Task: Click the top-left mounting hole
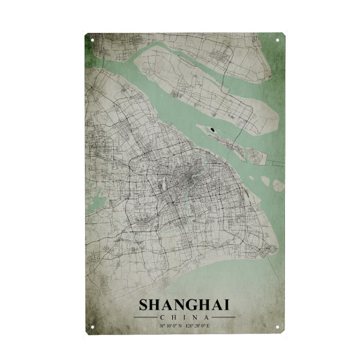pyautogui.click(x=92, y=40)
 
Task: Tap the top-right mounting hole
pyautogui.click(x=277, y=40)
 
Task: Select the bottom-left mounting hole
pyautogui.click(x=92, y=327)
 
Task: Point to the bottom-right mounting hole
pyautogui.click(x=277, y=327)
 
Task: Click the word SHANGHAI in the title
pyautogui.click(x=184, y=305)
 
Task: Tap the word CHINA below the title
pyautogui.click(x=184, y=317)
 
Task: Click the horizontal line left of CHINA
pyautogui.click(x=147, y=317)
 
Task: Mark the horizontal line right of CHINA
pyautogui.click(x=222, y=317)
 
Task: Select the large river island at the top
pyautogui.click(x=198, y=84)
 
